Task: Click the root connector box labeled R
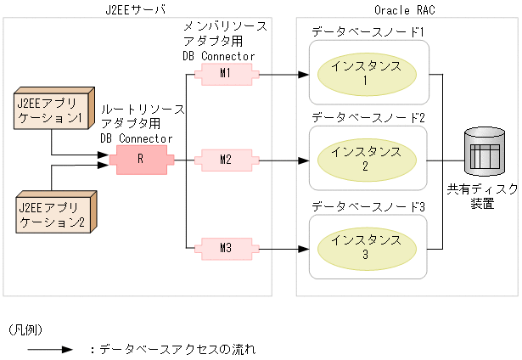pyautogui.click(x=142, y=159)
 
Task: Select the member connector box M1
pyautogui.click(x=225, y=74)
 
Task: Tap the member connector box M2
pyautogui.click(x=225, y=159)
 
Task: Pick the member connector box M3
pyautogui.click(x=225, y=248)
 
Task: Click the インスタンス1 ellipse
pyautogui.click(x=368, y=74)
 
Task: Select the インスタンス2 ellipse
pyautogui.click(x=368, y=159)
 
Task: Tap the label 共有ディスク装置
pyautogui.click(x=482, y=197)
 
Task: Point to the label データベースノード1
pyautogui.click(x=368, y=31)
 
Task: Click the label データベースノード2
pyautogui.click(x=368, y=116)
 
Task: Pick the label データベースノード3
pyautogui.click(x=368, y=205)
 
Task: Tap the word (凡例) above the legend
pyautogui.click(x=25, y=328)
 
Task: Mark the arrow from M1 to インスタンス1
pyautogui.click(x=280, y=74)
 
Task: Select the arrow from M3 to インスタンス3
pyautogui.click(x=280, y=248)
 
